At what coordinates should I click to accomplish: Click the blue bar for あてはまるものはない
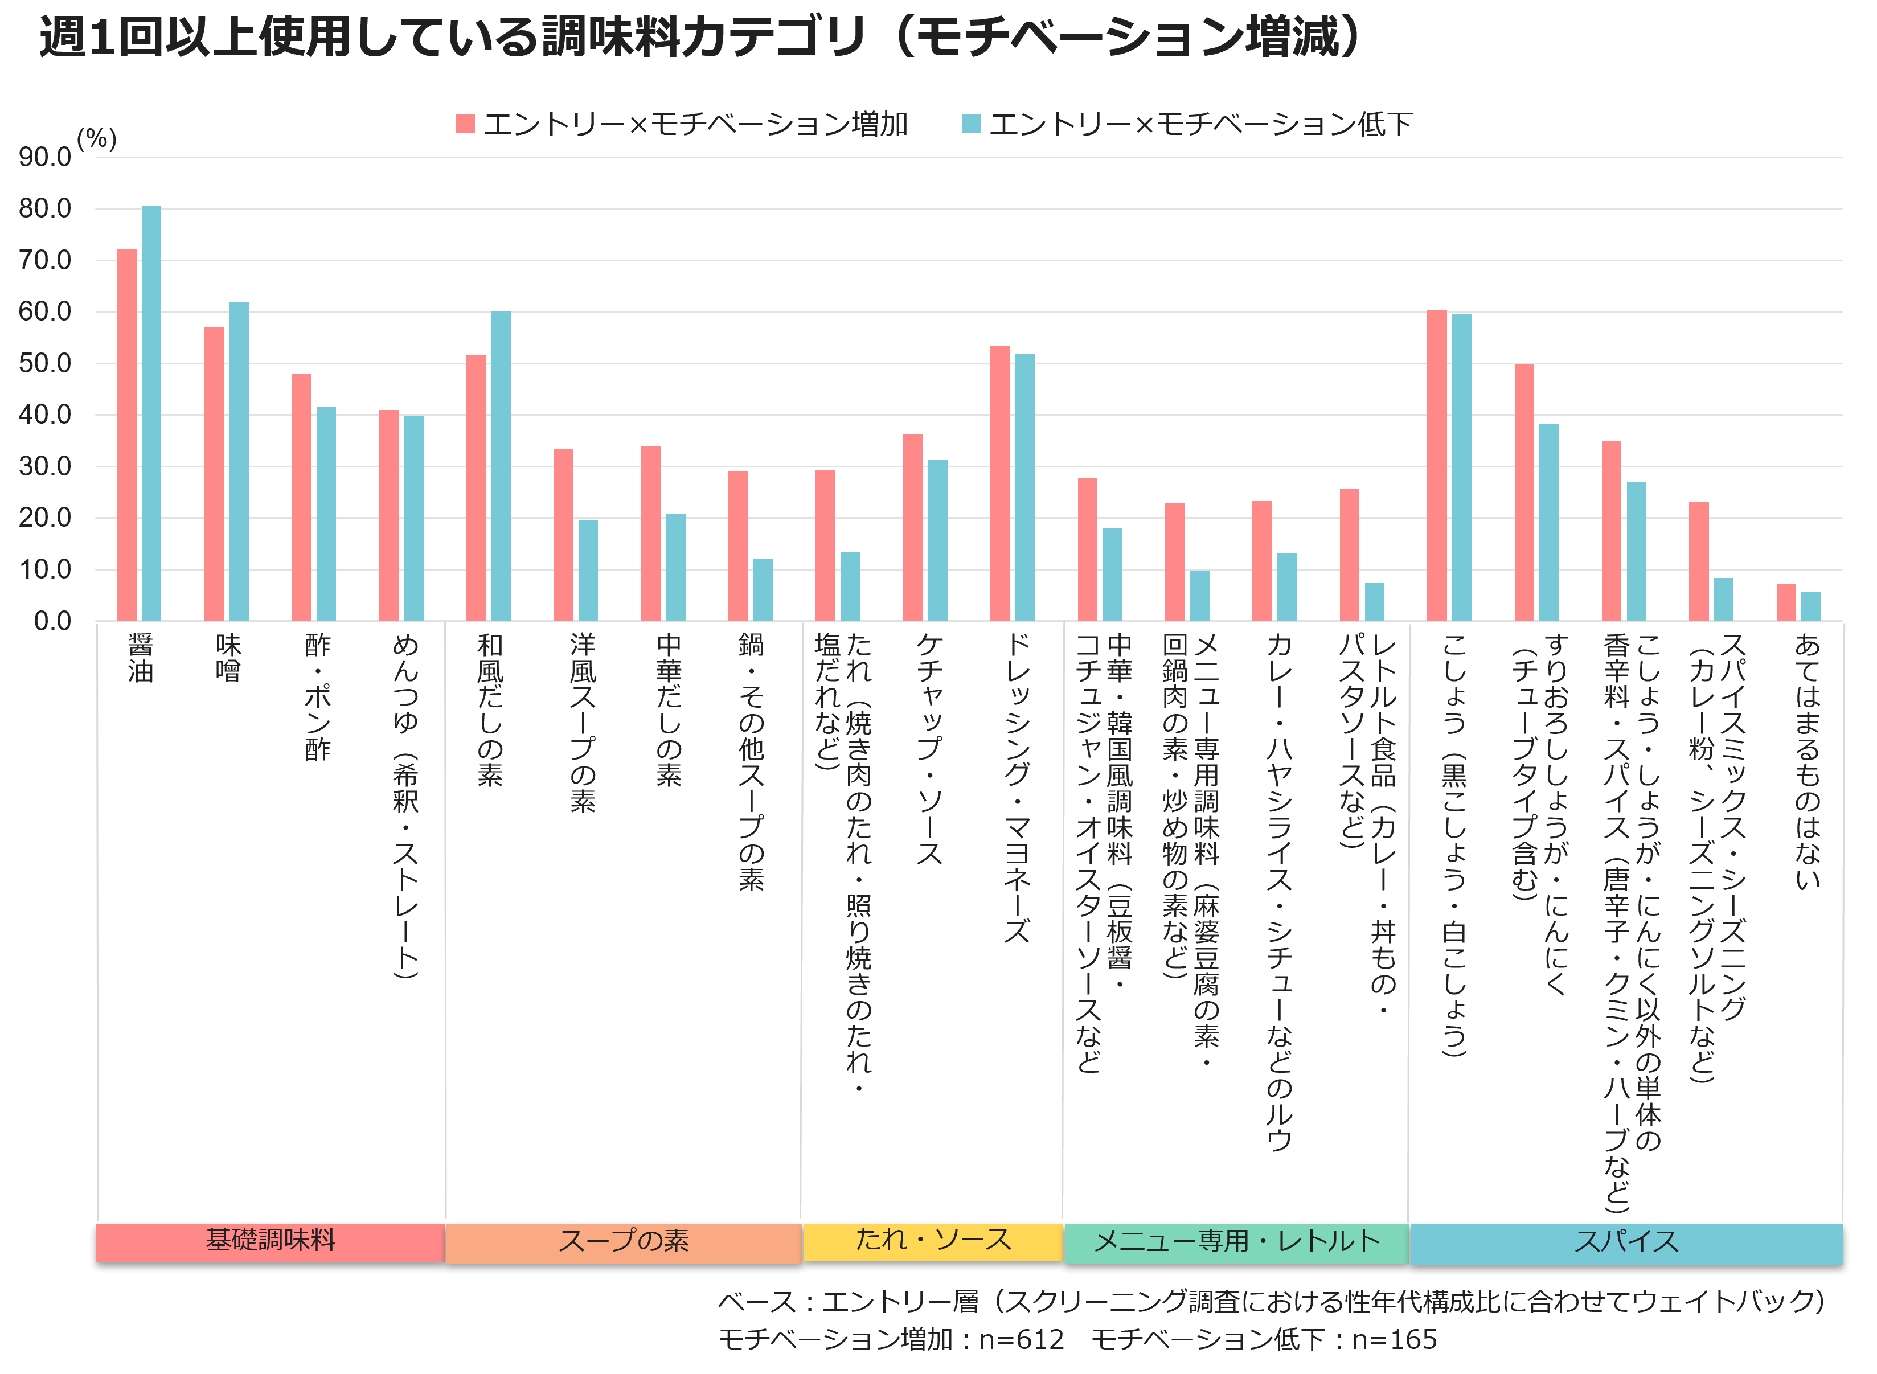pos(1810,606)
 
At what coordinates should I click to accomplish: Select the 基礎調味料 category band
pos(271,1242)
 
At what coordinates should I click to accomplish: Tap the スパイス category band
pos(1626,1242)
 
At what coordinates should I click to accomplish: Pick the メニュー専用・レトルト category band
pos(1236,1242)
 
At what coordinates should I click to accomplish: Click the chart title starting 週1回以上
pos(699,38)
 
